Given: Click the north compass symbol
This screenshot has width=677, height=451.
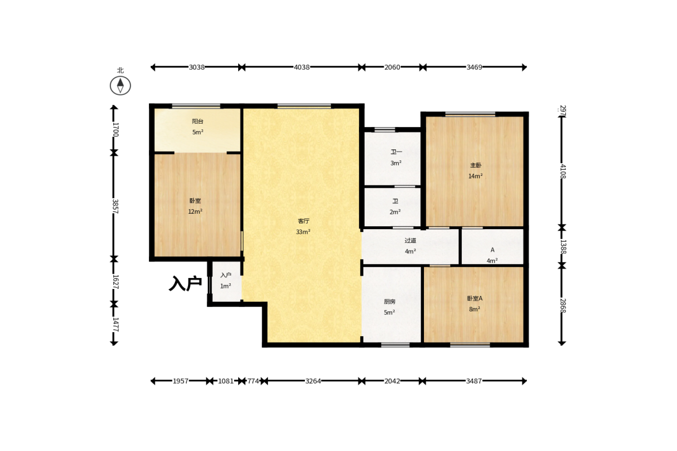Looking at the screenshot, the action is click(x=120, y=85).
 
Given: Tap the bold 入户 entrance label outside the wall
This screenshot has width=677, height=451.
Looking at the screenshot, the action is click(x=185, y=283).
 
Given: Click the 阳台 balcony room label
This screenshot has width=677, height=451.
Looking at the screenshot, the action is click(x=197, y=122).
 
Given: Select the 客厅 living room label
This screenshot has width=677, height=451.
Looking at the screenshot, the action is click(x=304, y=221).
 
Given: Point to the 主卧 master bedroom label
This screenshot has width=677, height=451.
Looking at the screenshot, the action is click(x=475, y=165).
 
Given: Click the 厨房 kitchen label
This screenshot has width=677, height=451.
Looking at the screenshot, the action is click(x=389, y=302).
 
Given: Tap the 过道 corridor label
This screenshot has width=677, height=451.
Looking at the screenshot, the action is click(x=410, y=241).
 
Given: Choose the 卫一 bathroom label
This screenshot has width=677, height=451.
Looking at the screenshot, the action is click(x=396, y=152).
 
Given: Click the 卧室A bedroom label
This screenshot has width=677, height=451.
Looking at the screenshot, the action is click(x=475, y=298).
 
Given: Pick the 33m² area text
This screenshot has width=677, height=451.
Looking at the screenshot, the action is click(x=303, y=232).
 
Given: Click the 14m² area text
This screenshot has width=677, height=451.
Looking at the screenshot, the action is click(x=475, y=176).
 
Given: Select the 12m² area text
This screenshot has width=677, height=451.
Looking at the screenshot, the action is click(x=195, y=211).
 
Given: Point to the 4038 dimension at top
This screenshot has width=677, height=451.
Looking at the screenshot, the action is click(x=302, y=67).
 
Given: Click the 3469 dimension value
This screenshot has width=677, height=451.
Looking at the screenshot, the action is click(x=474, y=67).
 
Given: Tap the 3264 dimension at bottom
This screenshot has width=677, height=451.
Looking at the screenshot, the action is click(x=313, y=381).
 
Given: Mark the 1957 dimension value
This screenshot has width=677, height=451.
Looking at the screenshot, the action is click(x=181, y=381).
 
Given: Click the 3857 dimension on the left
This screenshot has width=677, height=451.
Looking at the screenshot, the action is click(x=115, y=206).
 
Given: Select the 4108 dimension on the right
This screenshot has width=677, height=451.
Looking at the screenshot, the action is click(x=563, y=171).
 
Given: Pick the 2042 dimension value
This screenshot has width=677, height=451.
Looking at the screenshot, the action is click(x=392, y=381).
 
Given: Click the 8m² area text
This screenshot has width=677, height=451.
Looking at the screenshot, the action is click(x=475, y=309).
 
